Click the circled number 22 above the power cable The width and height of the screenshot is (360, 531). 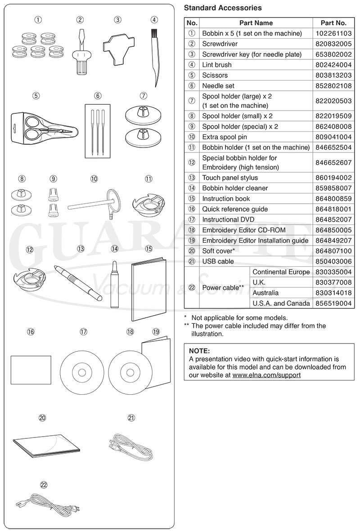44,485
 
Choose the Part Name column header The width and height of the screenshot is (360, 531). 256,23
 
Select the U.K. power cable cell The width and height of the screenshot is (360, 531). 259,282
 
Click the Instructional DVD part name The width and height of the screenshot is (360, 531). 228,219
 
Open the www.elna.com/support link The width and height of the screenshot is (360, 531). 266,374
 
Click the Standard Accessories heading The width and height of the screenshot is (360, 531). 223,8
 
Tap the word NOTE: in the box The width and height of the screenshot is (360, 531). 199,351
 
